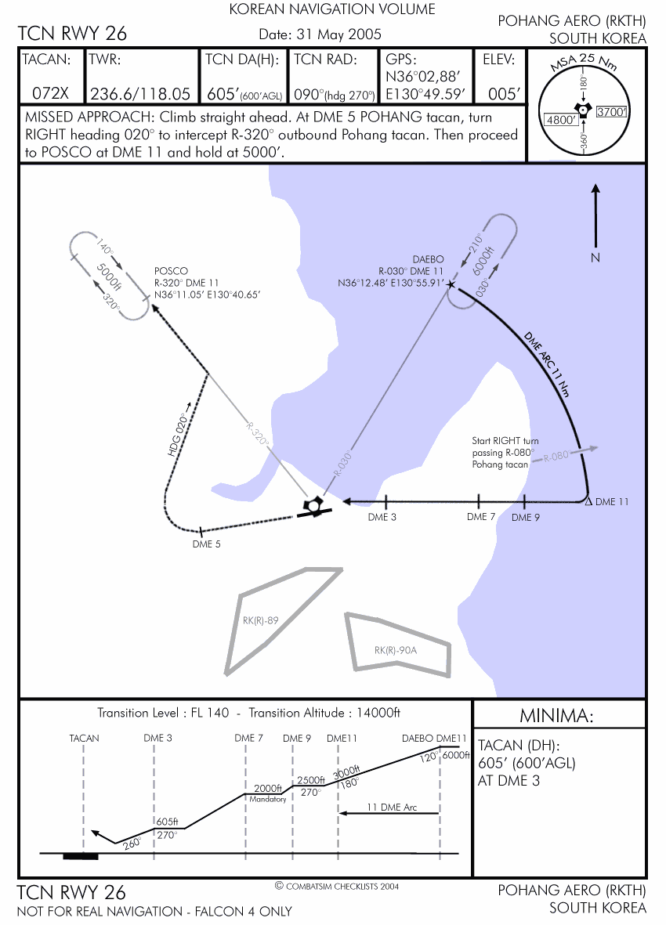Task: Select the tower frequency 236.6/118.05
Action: click(x=140, y=94)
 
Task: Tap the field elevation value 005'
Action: click(x=504, y=94)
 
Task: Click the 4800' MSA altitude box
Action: click(x=561, y=121)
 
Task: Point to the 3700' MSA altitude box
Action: click(x=612, y=112)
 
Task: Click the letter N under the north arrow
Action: click(x=595, y=257)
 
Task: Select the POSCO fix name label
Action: click(x=172, y=271)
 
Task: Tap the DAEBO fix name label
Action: click(x=428, y=259)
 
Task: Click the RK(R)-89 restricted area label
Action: click(x=261, y=621)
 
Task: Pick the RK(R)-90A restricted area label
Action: click(x=396, y=650)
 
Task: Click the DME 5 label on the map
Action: click(x=207, y=544)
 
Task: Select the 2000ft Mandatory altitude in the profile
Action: click(x=268, y=789)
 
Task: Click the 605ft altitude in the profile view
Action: click(x=168, y=822)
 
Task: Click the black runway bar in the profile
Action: click(x=81, y=856)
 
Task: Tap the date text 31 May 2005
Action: click(x=320, y=34)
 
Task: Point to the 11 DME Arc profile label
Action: click(x=391, y=806)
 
